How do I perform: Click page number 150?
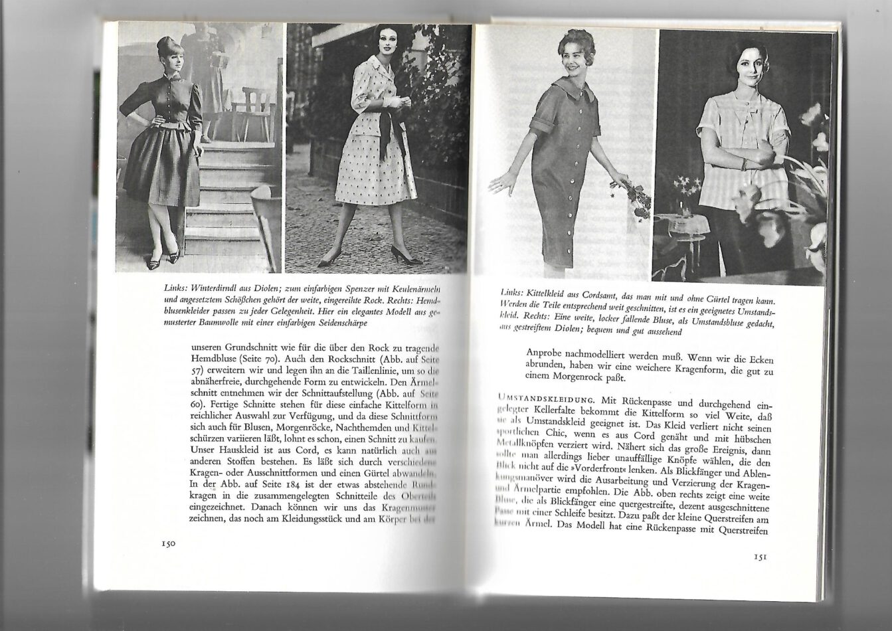pyautogui.click(x=167, y=543)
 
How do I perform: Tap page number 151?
pyautogui.click(x=761, y=557)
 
